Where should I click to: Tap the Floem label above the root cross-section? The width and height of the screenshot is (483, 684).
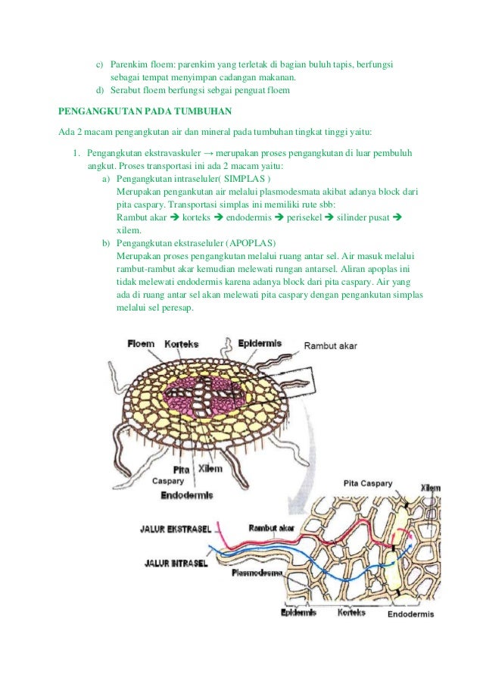(x=142, y=343)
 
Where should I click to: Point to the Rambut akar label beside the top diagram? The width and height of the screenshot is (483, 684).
(x=330, y=346)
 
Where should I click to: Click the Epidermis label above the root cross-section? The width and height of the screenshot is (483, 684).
(x=260, y=343)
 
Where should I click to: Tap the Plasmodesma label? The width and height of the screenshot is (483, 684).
(x=257, y=573)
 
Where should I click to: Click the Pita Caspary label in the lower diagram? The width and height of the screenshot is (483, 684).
(x=368, y=483)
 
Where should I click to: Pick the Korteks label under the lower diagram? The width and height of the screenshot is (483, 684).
(x=352, y=612)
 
